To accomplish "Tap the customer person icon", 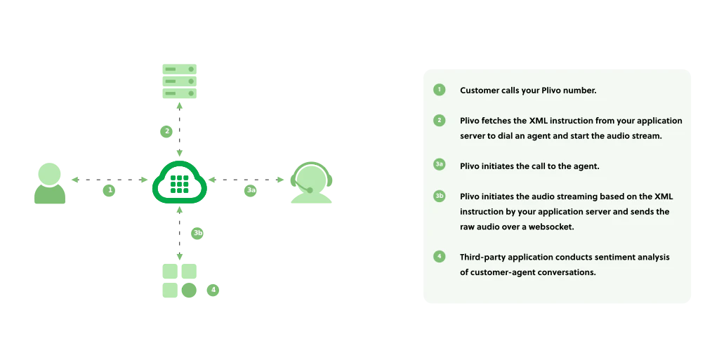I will click(x=50, y=185).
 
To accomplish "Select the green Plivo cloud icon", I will click(x=180, y=184).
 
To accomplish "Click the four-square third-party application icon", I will click(x=180, y=281).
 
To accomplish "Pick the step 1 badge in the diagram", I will click(x=110, y=189).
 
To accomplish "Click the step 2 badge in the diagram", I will click(x=166, y=131).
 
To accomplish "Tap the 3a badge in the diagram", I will click(x=251, y=189).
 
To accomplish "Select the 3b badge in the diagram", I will click(x=199, y=233).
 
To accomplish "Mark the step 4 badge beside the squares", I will click(x=213, y=289).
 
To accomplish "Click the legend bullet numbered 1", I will click(x=440, y=90).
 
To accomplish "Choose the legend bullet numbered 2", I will click(x=440, y=120).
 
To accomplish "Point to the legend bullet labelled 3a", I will click(x=440, y=165).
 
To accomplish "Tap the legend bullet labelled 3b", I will click(x=440, y=196).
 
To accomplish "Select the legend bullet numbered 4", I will click(x=440, y=256).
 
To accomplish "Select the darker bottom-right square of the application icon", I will click(x=188, y=290).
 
